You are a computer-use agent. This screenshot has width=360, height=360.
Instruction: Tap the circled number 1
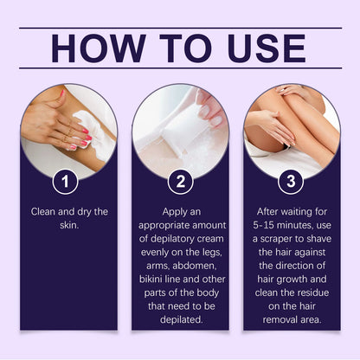68,182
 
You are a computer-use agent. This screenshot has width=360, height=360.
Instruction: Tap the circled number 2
180,182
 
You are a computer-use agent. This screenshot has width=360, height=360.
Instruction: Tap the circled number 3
292,182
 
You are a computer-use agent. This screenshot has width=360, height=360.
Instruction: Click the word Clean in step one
46,210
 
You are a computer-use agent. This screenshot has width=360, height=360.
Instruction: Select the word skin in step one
68,225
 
